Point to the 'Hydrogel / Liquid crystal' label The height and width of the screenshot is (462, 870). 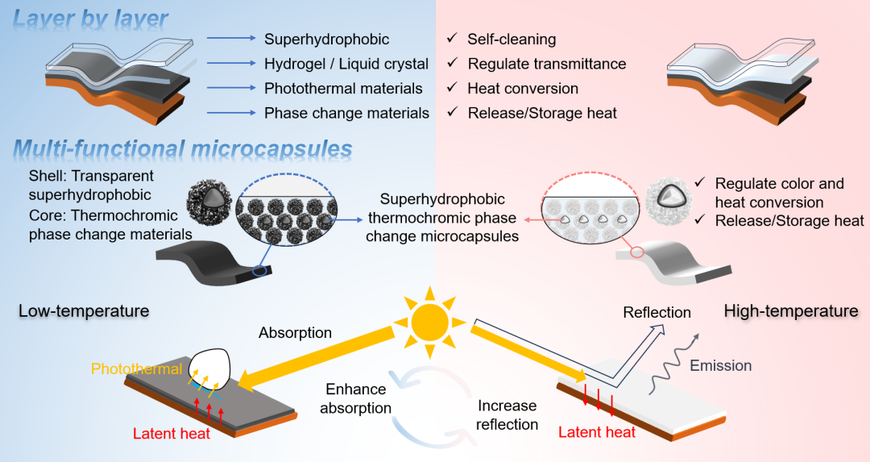coord(346,64)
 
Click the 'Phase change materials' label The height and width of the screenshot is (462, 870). coord(346,113)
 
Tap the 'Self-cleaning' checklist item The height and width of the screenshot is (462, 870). coord(512,39)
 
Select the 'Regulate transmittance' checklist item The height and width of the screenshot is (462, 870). coord(546,64)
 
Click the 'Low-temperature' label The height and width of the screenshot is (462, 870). coord(84,310)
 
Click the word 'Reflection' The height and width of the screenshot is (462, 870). coord(657,312)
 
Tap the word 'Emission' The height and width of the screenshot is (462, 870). coord(721,365)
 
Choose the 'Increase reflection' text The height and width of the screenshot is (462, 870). coord(507,414)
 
